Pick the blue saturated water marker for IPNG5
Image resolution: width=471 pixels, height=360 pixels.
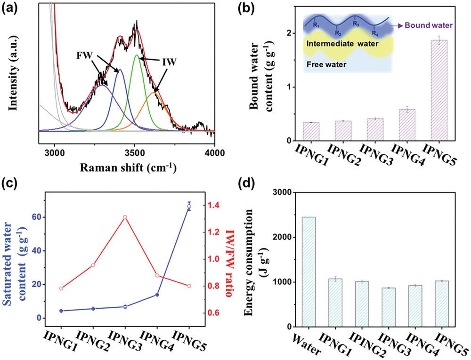point(189,206)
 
